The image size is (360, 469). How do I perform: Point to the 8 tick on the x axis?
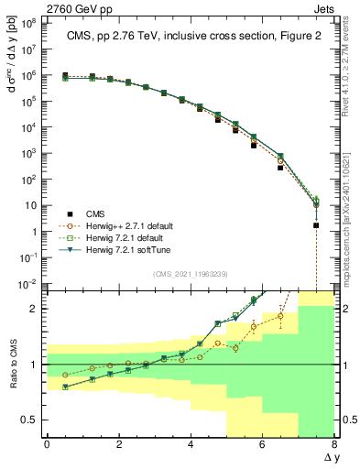[334, 445]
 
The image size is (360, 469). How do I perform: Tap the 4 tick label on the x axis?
[191, 445]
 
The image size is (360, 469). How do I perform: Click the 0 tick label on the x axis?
[47, 445]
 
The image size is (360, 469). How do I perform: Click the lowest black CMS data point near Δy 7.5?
[316, 225]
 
